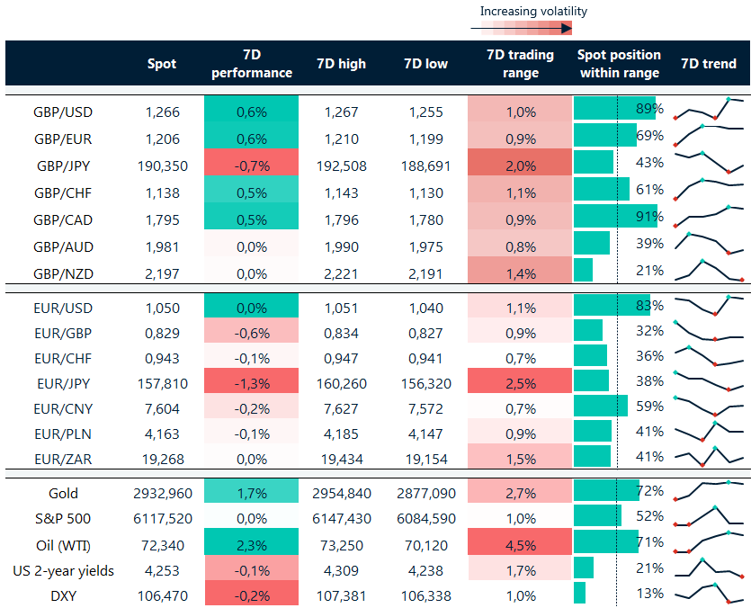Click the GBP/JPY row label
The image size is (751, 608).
click(62, 165)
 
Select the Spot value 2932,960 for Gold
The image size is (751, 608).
click(162, 493)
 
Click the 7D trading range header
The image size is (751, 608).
click(519, 63)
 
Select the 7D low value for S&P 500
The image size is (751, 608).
click(425, 518)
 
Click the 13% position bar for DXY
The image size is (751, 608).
click(580, 593)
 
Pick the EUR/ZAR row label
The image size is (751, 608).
click(62, 459)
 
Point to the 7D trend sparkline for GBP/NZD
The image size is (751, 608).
click(709, 270)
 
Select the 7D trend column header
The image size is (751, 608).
click(709, 64)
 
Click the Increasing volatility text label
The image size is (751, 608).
click(532, 11)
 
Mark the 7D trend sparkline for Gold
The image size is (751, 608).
click(709, 491)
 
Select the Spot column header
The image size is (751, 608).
click(162, 64)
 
